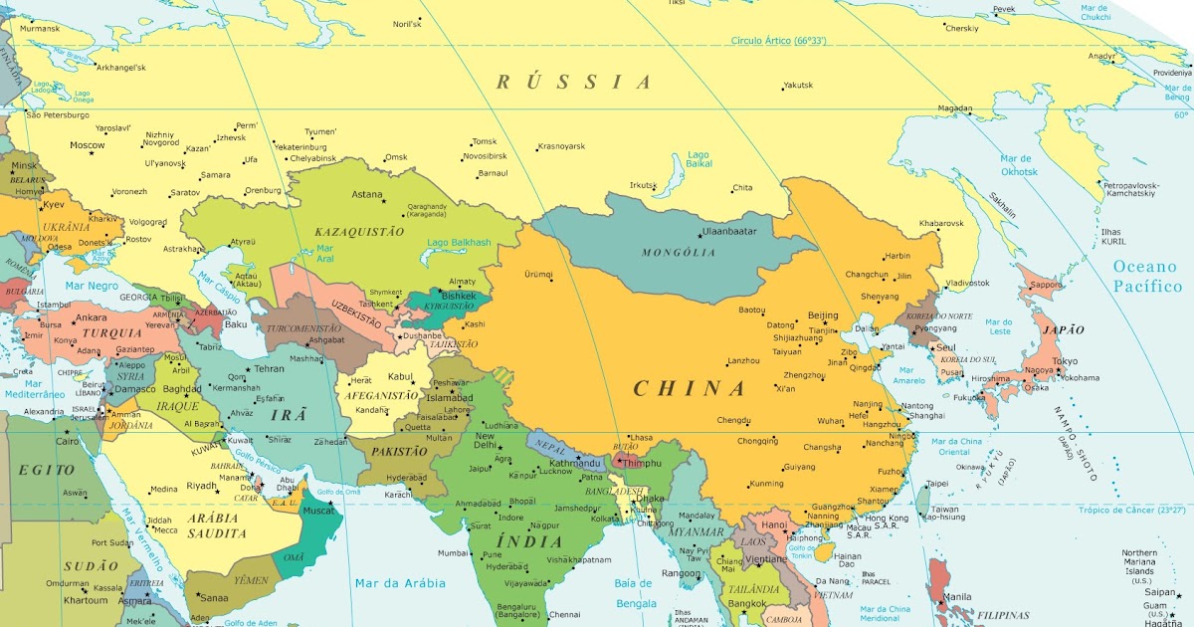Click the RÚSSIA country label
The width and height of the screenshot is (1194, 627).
click(x=574, y=82)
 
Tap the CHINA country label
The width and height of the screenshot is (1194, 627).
click(x=690, y=388)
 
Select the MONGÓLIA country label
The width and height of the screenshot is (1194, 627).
click(x=679, y=253)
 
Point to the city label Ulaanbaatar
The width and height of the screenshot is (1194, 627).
click(x=729, y=231)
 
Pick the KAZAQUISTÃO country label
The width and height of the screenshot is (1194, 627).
click(x=359, y=231)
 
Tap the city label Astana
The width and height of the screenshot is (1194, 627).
click(x=367, y=194)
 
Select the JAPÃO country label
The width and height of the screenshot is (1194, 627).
click(x=1063, y=329)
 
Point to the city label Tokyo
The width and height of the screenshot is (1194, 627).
click(x=1065, y=361)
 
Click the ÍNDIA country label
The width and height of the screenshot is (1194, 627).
click(x=527, y=540)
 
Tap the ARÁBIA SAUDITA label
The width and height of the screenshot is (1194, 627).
click(x=217, y=525)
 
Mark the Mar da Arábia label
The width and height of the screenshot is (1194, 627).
click(x=401, y=583)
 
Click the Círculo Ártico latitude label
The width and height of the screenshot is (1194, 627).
click(x=779, y=41)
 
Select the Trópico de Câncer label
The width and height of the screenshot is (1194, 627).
click(x=1131, y=510)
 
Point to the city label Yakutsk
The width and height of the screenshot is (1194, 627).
click(x=798, y=85)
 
